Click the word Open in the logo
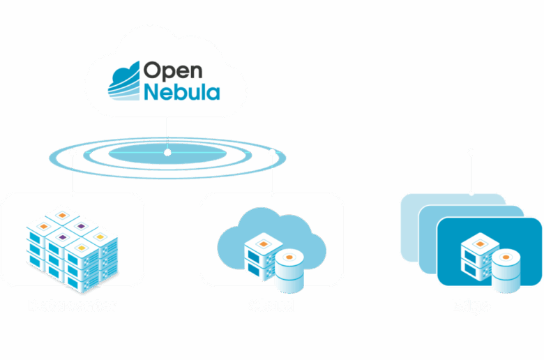[172, 70]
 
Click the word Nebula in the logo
[182, 92]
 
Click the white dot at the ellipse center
[167, 151]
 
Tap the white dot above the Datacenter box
[73, 151]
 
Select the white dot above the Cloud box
[272, 151]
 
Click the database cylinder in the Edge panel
[506, 271]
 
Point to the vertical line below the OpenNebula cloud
[167, 133]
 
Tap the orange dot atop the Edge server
[480, 243]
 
